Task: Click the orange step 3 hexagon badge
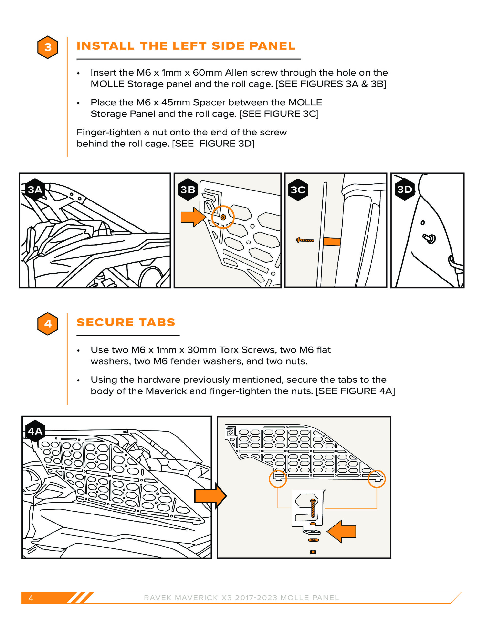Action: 48,47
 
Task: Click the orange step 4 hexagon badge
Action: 48,324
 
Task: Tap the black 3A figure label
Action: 35,190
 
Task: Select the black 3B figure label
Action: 188,190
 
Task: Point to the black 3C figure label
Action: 298,190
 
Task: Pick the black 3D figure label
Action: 405,189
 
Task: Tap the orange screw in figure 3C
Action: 305,240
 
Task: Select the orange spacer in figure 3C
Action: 332,241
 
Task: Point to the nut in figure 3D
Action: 430,238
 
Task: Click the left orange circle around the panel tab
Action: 278,479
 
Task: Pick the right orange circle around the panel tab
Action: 377,479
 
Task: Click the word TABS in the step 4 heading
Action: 157,322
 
